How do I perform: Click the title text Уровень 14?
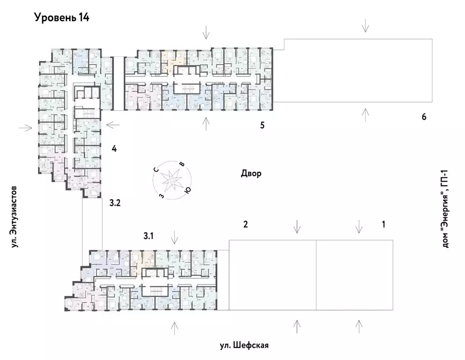(x=62, y=18)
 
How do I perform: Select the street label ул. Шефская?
(x=244, y=346)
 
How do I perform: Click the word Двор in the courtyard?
(x=251, y=174)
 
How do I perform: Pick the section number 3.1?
(x=148, y=236)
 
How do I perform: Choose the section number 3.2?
(x=115, y=203)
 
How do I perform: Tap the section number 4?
(x=114, y=149)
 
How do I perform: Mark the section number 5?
(x=263, y=125)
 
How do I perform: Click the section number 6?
(x=424, y=117)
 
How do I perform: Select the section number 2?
(x=245, y=224)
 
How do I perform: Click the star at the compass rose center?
(x=170, y=179)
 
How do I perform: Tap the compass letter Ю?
(x=187, y=190)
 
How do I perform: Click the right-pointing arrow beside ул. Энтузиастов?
(x=25, y=127)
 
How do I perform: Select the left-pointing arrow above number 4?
(x=114, y=125)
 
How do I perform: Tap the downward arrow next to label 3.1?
(x=174, y=237)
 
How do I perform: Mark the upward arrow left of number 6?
(x=364, y=114)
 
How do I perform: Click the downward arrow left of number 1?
(x=359, y=226)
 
